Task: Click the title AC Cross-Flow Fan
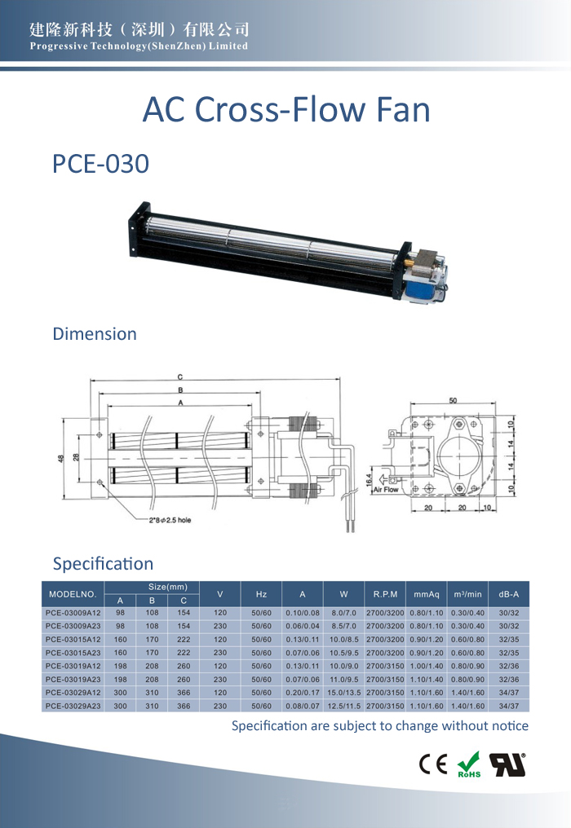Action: click(x=286, y=110)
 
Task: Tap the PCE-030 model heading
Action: click(x=100, y=164)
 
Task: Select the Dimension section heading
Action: click(x=95, y=334)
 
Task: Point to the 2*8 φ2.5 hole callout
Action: click(x=170, y=520)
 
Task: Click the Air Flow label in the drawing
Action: click(x=386, y=490)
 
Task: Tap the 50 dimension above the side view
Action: click(x=453, y=400)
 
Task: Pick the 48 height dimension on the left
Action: click(x=61, y=458)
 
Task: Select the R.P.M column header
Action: click(x=385, y=594)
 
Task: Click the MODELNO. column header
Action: click(x=73, y=594)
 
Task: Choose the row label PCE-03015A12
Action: click(x=73, y=640)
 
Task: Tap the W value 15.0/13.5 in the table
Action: click(x=344, y=692)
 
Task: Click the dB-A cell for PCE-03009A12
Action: click(x=509, y=613)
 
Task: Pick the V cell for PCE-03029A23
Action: click(x=220, y=706)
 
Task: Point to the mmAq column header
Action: click(x=427, y=594)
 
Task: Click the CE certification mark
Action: click(x=433, y=764)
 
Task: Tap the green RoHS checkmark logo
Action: click(x=469, y=764)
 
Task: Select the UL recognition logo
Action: click(x=507, y=764)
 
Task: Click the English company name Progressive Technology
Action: click(x=139, y=46)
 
